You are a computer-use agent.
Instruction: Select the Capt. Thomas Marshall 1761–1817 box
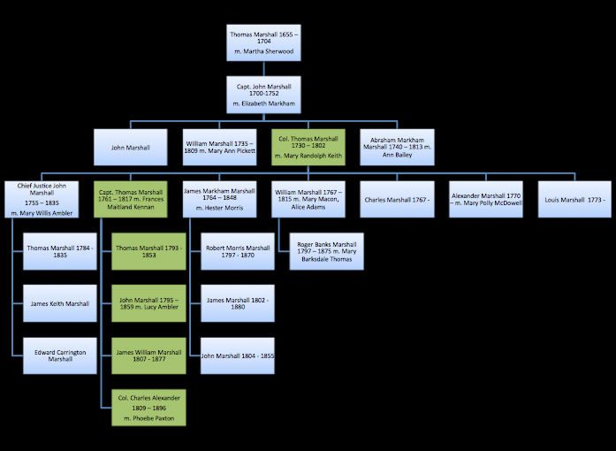point(130,199)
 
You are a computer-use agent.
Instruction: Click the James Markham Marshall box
point(220,199)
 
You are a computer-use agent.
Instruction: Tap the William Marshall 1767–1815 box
point(308,199)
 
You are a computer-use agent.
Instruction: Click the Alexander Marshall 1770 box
point(486,199)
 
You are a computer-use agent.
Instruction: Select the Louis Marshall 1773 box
point(574,199)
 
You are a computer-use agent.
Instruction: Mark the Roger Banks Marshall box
point(326,251)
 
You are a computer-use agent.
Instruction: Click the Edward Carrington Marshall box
point(60,355)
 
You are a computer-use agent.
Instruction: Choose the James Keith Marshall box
point(60,303)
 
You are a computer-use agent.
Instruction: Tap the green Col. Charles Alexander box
point(148,408)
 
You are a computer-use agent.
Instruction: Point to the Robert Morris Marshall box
point(237,251)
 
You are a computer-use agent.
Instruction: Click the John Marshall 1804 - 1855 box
point(237,355)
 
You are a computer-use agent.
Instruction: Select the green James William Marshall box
point(148,355)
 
